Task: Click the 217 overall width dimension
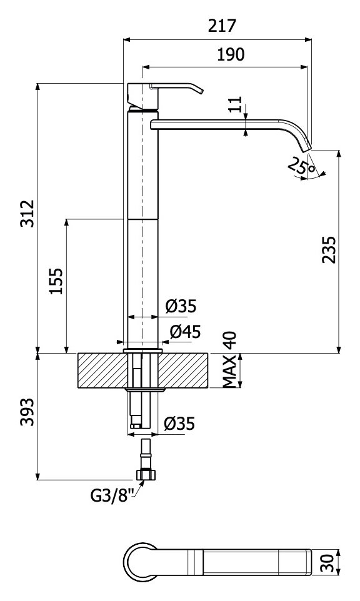click(x=222, y=26)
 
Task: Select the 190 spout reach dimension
click(x=231, y=54)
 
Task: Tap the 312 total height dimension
click(x=27, y=213)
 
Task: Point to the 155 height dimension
click(x=56, y=281)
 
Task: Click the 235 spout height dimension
click(x=329, y=249)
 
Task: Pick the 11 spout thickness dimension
click(x=236, y=104)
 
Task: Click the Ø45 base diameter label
click(x=185, y=332)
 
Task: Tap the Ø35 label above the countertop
click(x=181, y=306)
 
